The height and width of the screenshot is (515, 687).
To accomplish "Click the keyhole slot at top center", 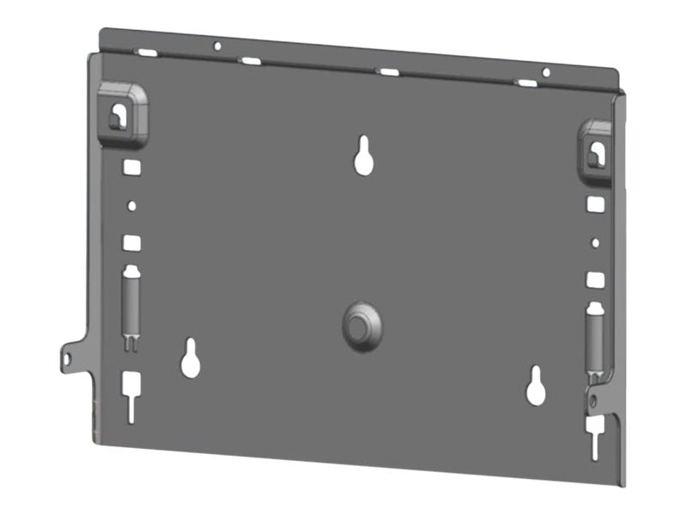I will click(364, 155).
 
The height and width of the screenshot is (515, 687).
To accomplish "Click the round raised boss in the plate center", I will click(361, 325).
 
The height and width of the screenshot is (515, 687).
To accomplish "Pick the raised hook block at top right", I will click(595, 150).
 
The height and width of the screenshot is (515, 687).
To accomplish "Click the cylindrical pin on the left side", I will click(131, 303).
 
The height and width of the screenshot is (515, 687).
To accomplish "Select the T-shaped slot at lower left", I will click(131, 394).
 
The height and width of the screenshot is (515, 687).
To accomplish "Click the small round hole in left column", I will click(131, 206).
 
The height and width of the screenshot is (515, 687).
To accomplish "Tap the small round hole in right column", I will click(594, 243).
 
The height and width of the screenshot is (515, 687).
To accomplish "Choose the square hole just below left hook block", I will click(131, 167).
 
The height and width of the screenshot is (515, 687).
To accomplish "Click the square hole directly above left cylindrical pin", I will click(131, 243).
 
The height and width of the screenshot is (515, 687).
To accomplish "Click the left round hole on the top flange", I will click(217, 45).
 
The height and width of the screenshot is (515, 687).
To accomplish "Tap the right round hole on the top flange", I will click(546, 72).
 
